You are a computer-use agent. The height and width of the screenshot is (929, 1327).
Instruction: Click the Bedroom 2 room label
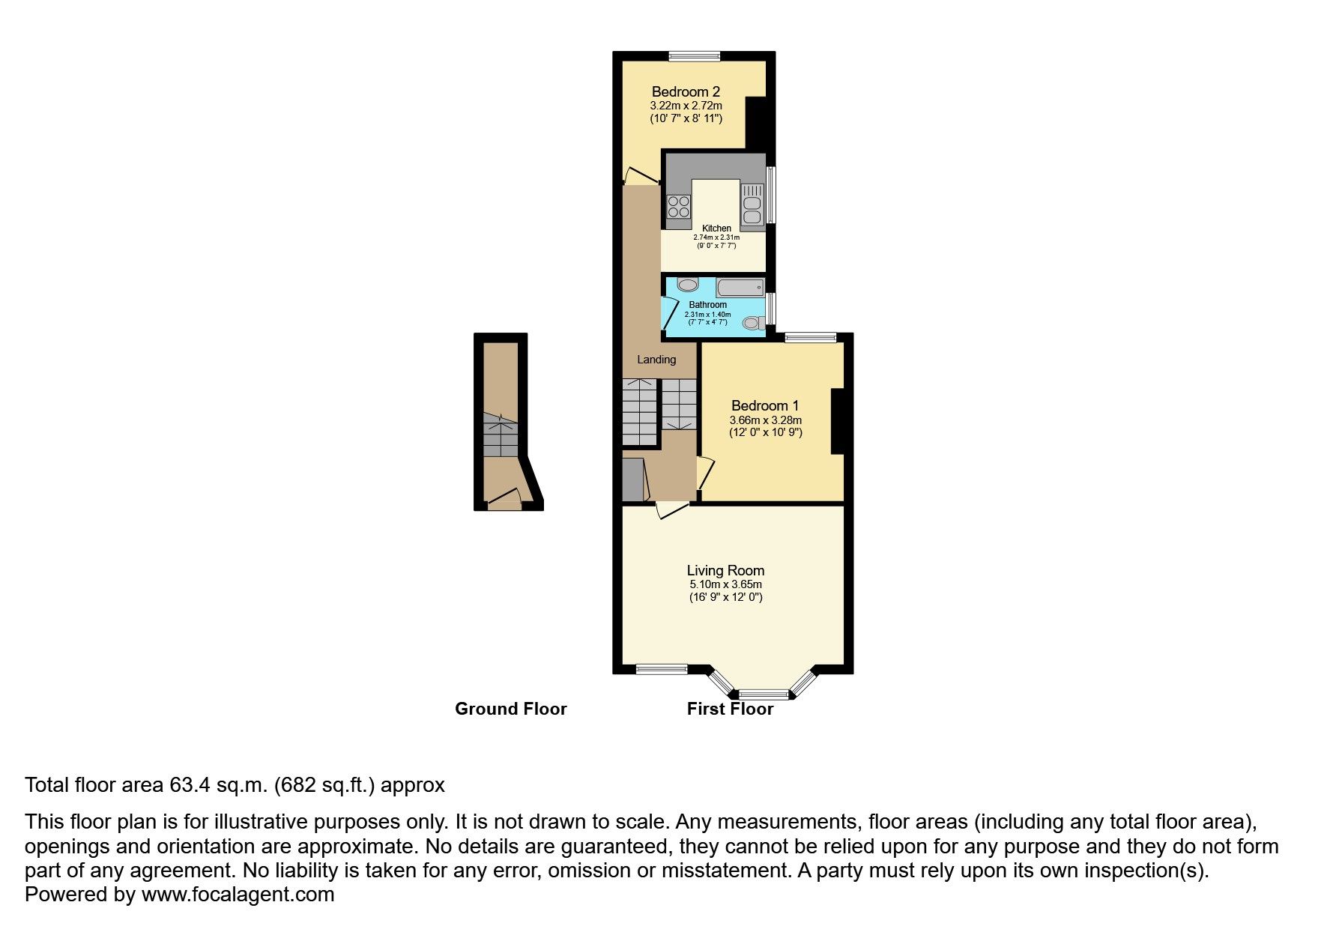[x=686, y=92]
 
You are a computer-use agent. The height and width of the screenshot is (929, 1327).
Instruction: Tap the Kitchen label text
[x=716, y=229]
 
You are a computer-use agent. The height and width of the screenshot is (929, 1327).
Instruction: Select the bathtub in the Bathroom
[x=740, y=287]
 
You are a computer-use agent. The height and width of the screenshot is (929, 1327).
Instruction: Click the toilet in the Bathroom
[x=753, y=323]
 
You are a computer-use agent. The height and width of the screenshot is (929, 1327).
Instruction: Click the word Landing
[x=656, y=360]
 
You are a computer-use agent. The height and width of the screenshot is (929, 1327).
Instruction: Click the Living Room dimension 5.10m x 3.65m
[x=725, y=584]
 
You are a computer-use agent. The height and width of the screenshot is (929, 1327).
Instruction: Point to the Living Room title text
[x=725, y=571]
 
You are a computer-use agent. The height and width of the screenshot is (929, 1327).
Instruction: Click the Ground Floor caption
[x=510, y=709]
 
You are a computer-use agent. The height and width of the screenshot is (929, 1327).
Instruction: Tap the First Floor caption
[x=730, y=709]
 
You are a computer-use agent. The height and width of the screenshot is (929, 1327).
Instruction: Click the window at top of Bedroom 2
[x=695, y=55]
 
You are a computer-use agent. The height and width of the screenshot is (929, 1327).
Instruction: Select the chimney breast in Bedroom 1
[x=837, y=420]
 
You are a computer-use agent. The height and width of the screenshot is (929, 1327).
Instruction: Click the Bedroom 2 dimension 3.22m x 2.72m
[x=686, y=106]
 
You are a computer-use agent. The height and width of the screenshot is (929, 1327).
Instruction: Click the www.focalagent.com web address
[x=238, y=895]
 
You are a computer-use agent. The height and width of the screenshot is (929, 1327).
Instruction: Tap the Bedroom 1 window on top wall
[x=811, y=338]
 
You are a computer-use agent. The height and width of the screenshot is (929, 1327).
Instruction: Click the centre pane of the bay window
[x=764, y=694]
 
